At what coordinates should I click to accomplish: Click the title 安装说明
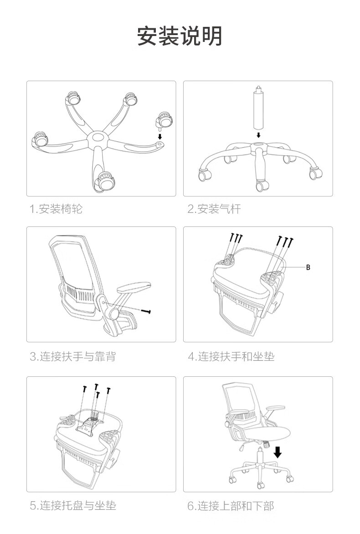tap(180, 36)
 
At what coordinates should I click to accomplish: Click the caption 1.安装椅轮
tap(56, 209)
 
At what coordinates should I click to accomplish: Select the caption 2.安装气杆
tap(214, 209)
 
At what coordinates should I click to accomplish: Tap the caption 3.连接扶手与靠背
tap(73, 356)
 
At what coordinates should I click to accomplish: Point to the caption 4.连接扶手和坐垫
tap(231, 356)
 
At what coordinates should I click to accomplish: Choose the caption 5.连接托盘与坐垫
tap(73, 505)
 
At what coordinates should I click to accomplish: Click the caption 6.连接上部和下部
tap(231, 505)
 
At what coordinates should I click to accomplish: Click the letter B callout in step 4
tap(308, 267)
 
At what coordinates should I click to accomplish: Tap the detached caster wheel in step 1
tap(164, 121)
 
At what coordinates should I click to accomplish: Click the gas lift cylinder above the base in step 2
tap(258, 109)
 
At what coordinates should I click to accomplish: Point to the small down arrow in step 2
tap(258, 135)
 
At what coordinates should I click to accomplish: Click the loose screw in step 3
tap(146, 311)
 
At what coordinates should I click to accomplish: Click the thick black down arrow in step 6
tap(278, 452)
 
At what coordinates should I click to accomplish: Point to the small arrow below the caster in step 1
tap(159, 135)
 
